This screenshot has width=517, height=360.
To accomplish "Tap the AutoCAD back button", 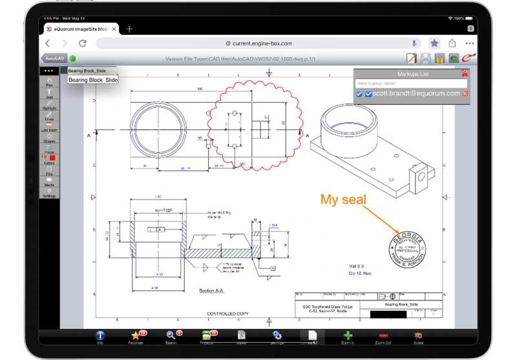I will coord(54,59).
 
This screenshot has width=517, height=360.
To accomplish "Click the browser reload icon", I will coord(82,43).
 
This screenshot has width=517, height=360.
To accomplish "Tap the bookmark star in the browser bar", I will coord(434,43).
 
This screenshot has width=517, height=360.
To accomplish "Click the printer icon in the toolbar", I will coord(425,59).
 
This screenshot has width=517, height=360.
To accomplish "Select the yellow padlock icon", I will coord(439,59).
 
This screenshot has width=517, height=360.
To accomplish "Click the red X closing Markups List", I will coord(465,74).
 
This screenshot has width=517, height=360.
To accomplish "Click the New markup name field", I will coord(410,83).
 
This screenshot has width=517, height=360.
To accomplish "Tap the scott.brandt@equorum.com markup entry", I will coord(416,94).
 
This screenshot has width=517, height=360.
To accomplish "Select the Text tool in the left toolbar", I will coord(49,94).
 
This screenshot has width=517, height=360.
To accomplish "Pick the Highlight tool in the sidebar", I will coord(49,105).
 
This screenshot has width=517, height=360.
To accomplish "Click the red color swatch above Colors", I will coord(52,157).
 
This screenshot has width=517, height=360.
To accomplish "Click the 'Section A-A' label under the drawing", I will coord(213,291).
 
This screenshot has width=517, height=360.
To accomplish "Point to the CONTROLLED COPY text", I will coord(227,313).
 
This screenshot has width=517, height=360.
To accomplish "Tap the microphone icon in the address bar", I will coord(414,43).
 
